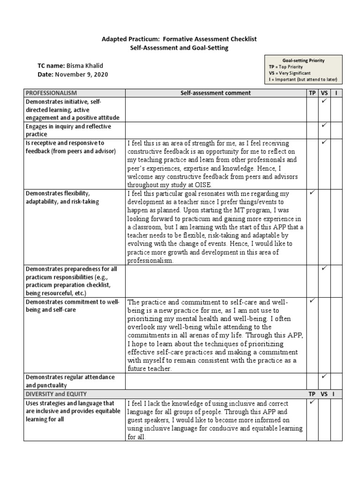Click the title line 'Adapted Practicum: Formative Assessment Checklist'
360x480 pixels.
(180, 39)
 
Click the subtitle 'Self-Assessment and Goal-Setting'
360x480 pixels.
(180, 48)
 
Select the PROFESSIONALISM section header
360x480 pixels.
(51, 93)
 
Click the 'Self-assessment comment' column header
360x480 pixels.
(216, 93)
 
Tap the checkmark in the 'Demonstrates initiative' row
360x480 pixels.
(324, 101)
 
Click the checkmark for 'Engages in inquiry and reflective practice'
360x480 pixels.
(324, 126)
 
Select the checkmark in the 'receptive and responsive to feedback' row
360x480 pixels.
(324, 142)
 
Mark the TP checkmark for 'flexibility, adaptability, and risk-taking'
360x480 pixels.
(312, 193)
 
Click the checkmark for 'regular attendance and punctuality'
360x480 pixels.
(324, 376)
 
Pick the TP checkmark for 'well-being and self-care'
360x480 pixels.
(312, 300)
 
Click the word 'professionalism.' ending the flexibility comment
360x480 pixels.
(150, 261)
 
